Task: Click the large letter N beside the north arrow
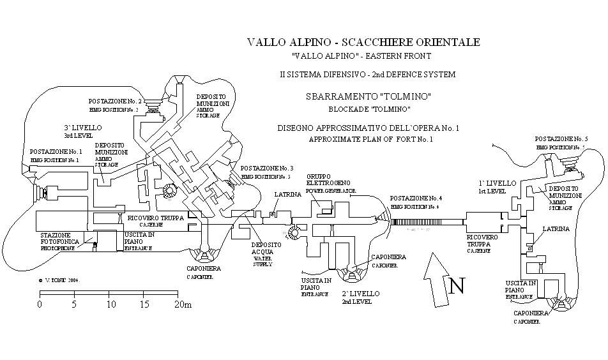pos(456,287)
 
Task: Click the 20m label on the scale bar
pos(183,304)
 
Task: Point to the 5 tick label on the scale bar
pos(75,304)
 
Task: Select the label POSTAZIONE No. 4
pos(416,199)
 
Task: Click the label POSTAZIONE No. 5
pos(560,139)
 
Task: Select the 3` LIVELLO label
pos(79,127)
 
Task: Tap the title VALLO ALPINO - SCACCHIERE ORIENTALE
pos(363,43)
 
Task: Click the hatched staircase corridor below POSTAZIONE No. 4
pos(427,221)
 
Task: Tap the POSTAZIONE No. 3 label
pos(267,168)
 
